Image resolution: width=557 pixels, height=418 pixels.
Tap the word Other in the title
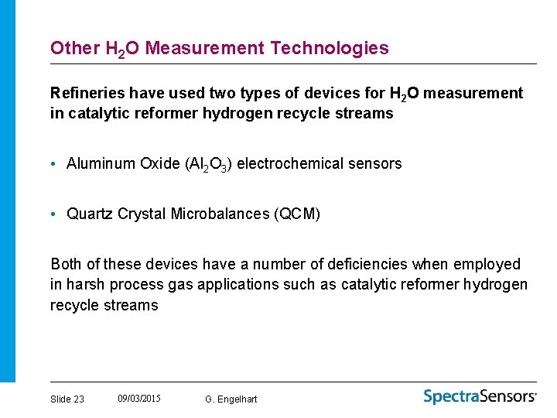coord(75,48)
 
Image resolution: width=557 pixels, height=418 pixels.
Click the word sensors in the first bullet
coord(375,163)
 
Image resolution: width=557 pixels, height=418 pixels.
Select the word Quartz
coord(91,214)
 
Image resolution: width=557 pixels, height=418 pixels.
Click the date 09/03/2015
coord(139,398)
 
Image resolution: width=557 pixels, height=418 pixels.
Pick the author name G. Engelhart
coord(231,399)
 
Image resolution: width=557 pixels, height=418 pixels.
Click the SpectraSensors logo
coord(480,396)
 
